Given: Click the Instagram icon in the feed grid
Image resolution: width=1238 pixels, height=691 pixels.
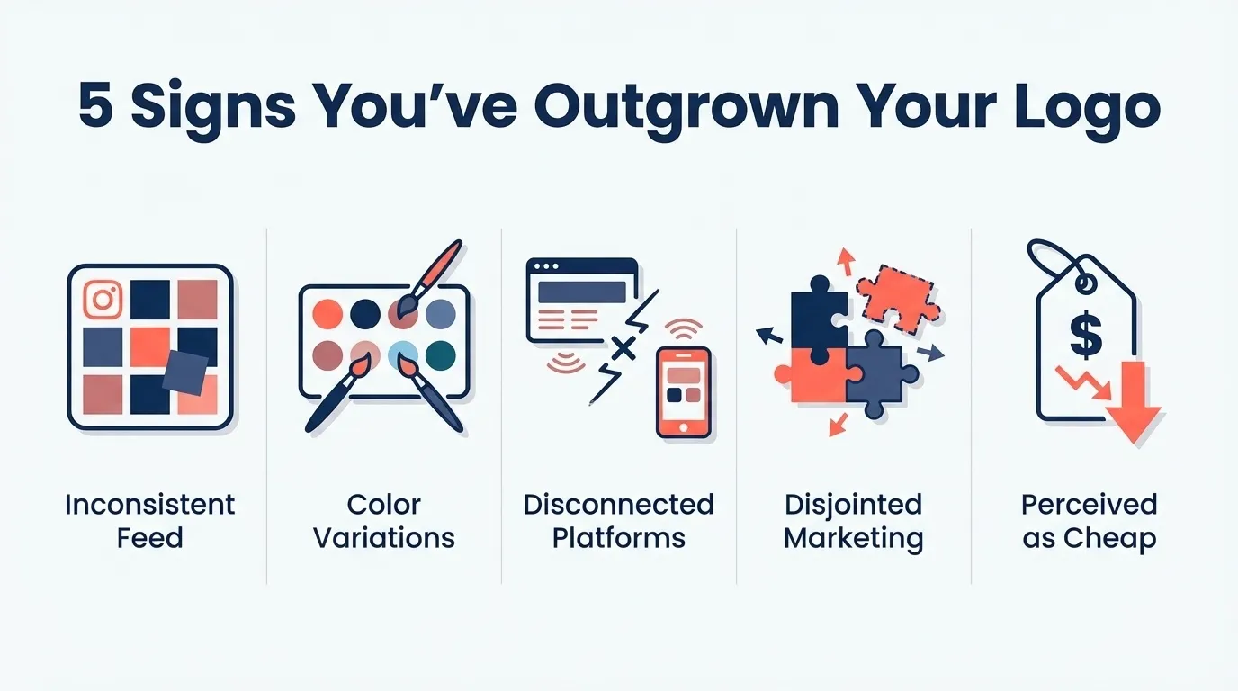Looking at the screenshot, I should pyautogui.click(x=102, y=300).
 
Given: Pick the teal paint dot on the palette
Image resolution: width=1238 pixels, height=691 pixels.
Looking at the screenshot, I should pyautogui.click(x=441, y=355).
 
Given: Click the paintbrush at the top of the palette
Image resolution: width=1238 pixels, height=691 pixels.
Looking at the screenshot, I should pyautogui.click(x=429, y=275).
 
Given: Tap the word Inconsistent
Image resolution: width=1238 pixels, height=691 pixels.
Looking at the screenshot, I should pyautogui.click(x=149, y=504).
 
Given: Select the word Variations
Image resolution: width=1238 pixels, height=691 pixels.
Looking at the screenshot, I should pyautogui.click(x=384, y=538).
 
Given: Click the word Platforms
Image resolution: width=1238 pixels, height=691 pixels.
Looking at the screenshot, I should pyautogui.click(x=618, y=538).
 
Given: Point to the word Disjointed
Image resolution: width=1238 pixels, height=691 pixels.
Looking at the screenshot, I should pyautogui.click(x=853, y=504).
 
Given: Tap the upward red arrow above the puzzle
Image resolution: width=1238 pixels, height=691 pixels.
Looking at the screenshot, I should pyautogui.click(x=844, y=261).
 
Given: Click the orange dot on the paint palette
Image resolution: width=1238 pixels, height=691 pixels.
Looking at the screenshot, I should pyautogui.click(x=327, y=313).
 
